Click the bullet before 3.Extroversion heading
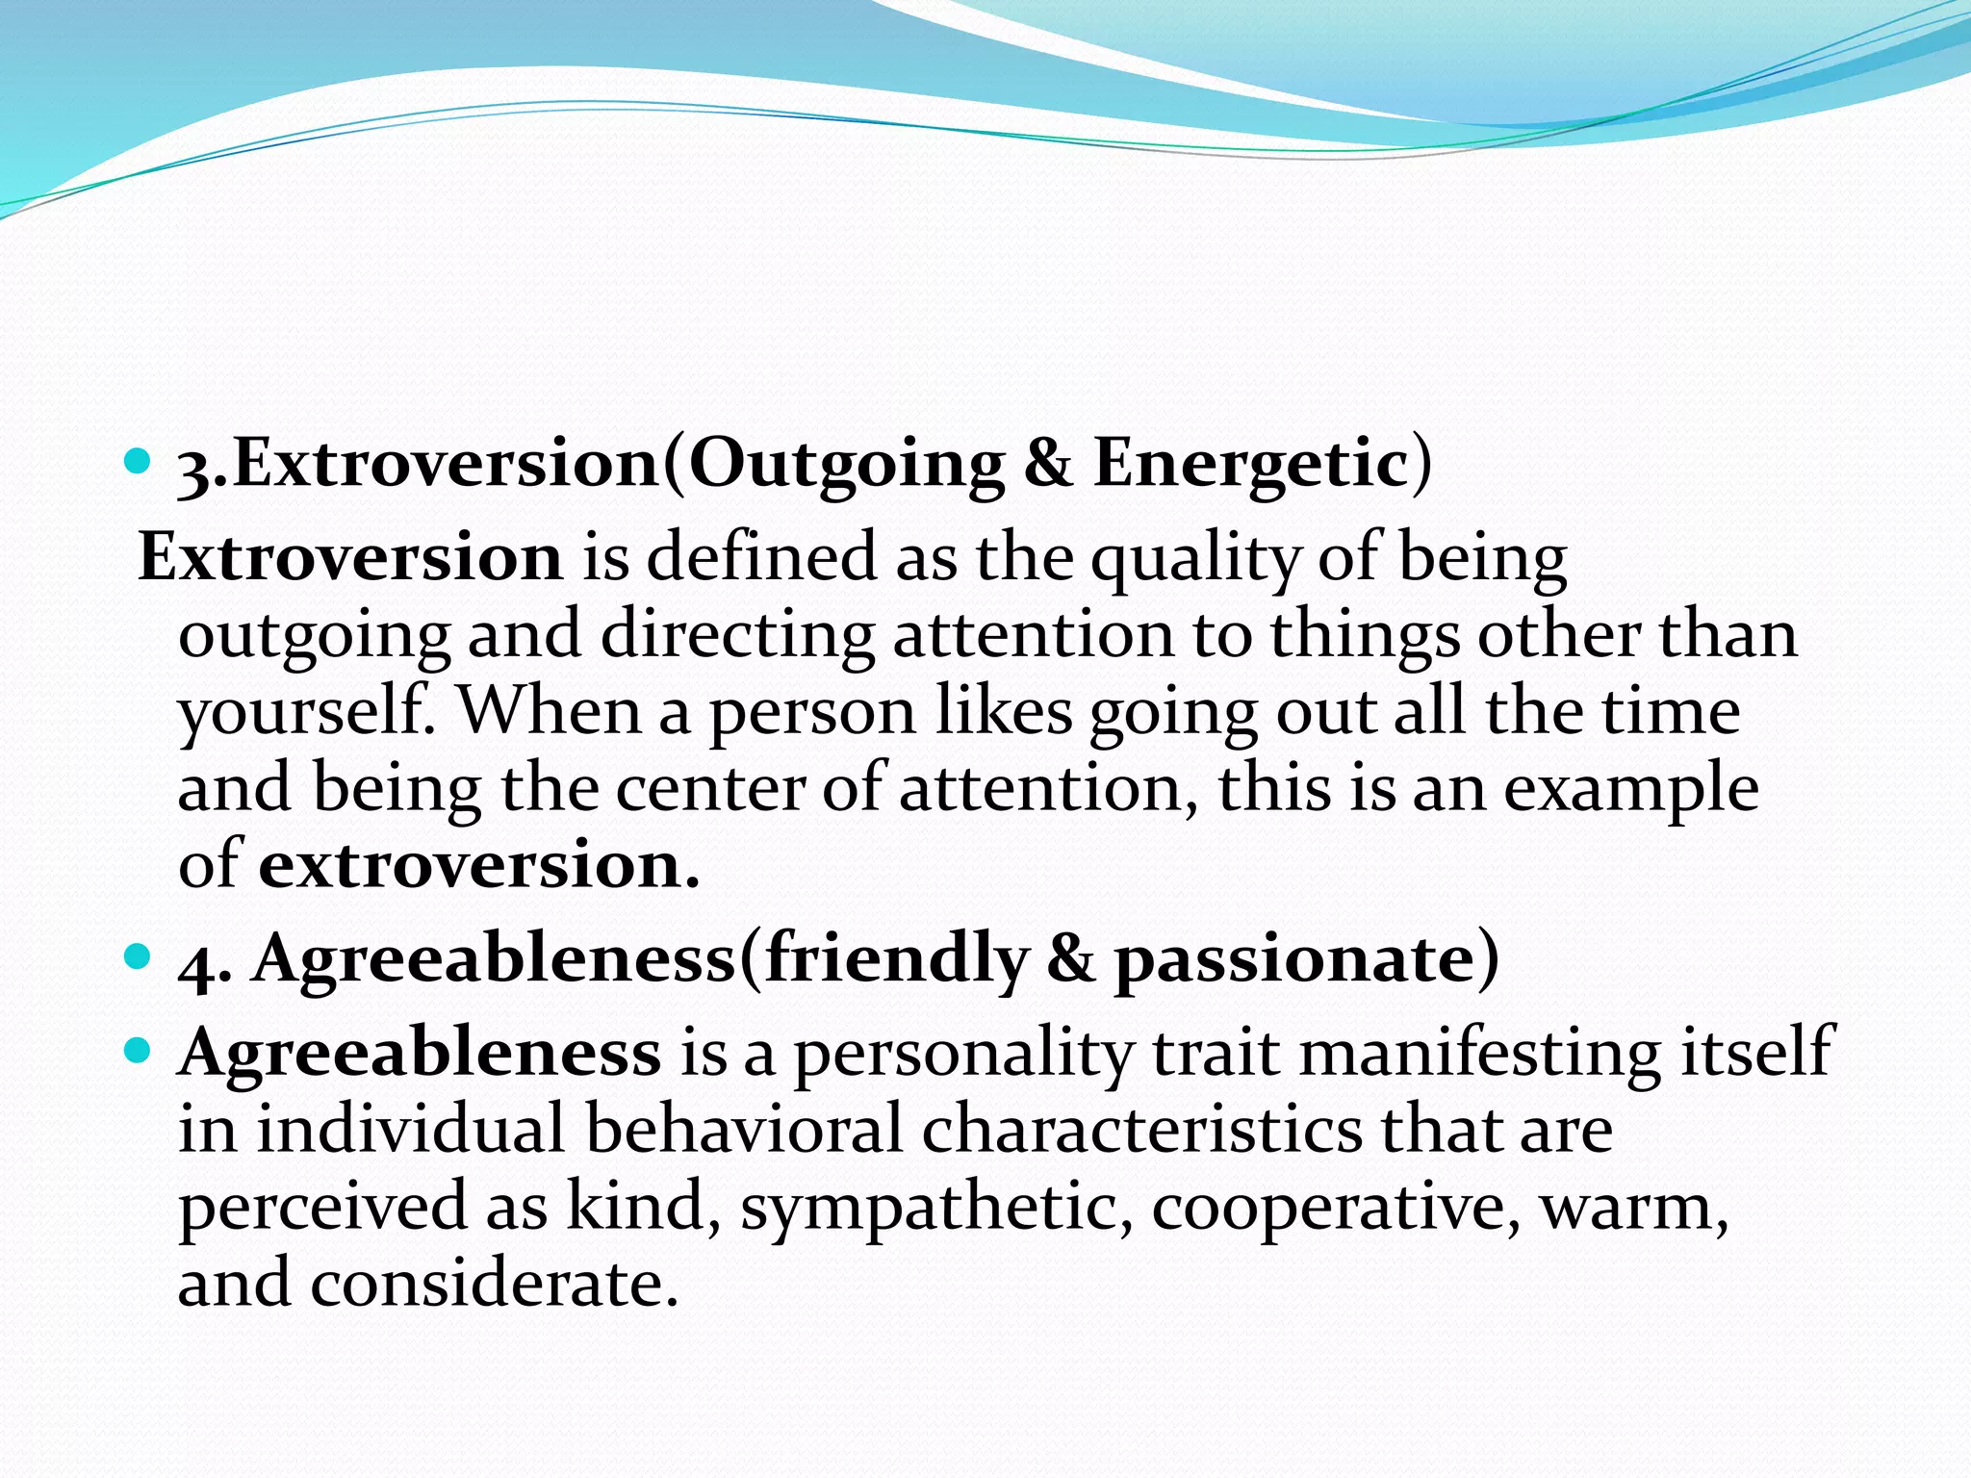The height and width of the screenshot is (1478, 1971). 139,464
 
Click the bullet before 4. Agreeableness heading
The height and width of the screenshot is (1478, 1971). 139,957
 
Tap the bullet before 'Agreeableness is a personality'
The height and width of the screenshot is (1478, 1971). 139,1050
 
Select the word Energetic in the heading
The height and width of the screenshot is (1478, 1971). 1251,464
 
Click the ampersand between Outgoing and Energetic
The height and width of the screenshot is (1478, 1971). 1048,464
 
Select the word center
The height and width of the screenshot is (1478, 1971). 709,789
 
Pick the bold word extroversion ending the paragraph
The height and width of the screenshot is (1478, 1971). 478,865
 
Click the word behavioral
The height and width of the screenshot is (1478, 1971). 743,1129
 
